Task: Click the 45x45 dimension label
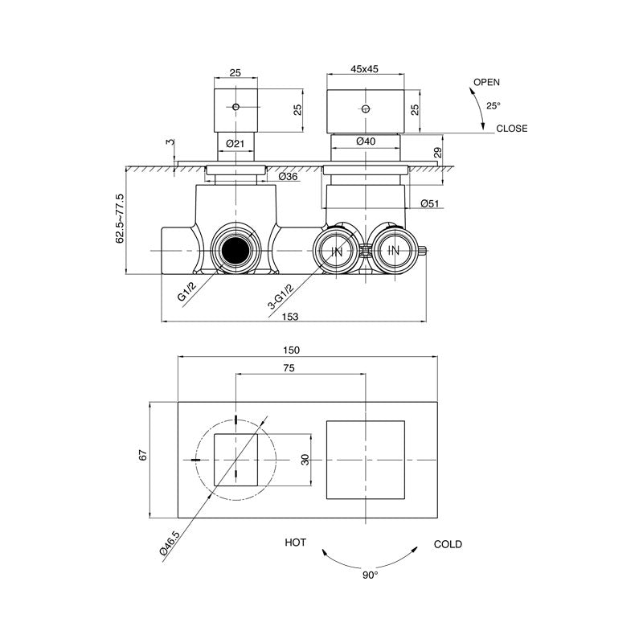[x=366, y=70]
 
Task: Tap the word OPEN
[x=486, y=83]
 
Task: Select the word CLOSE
[x=512, y=129]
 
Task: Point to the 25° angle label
[x=493, y=105]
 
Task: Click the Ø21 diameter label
[x=235, y=143]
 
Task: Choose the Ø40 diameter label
[x=366, y=142]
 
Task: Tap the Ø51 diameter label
[x=428, y=204]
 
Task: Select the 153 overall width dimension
[x=290, y=317]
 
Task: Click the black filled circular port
[x=235, y=252]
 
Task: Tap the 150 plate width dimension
[x=290, y=350]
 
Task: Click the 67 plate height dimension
[x=143, y=456]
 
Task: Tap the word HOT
[x=295, y=544]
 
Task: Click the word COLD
[x=448, y=544]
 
